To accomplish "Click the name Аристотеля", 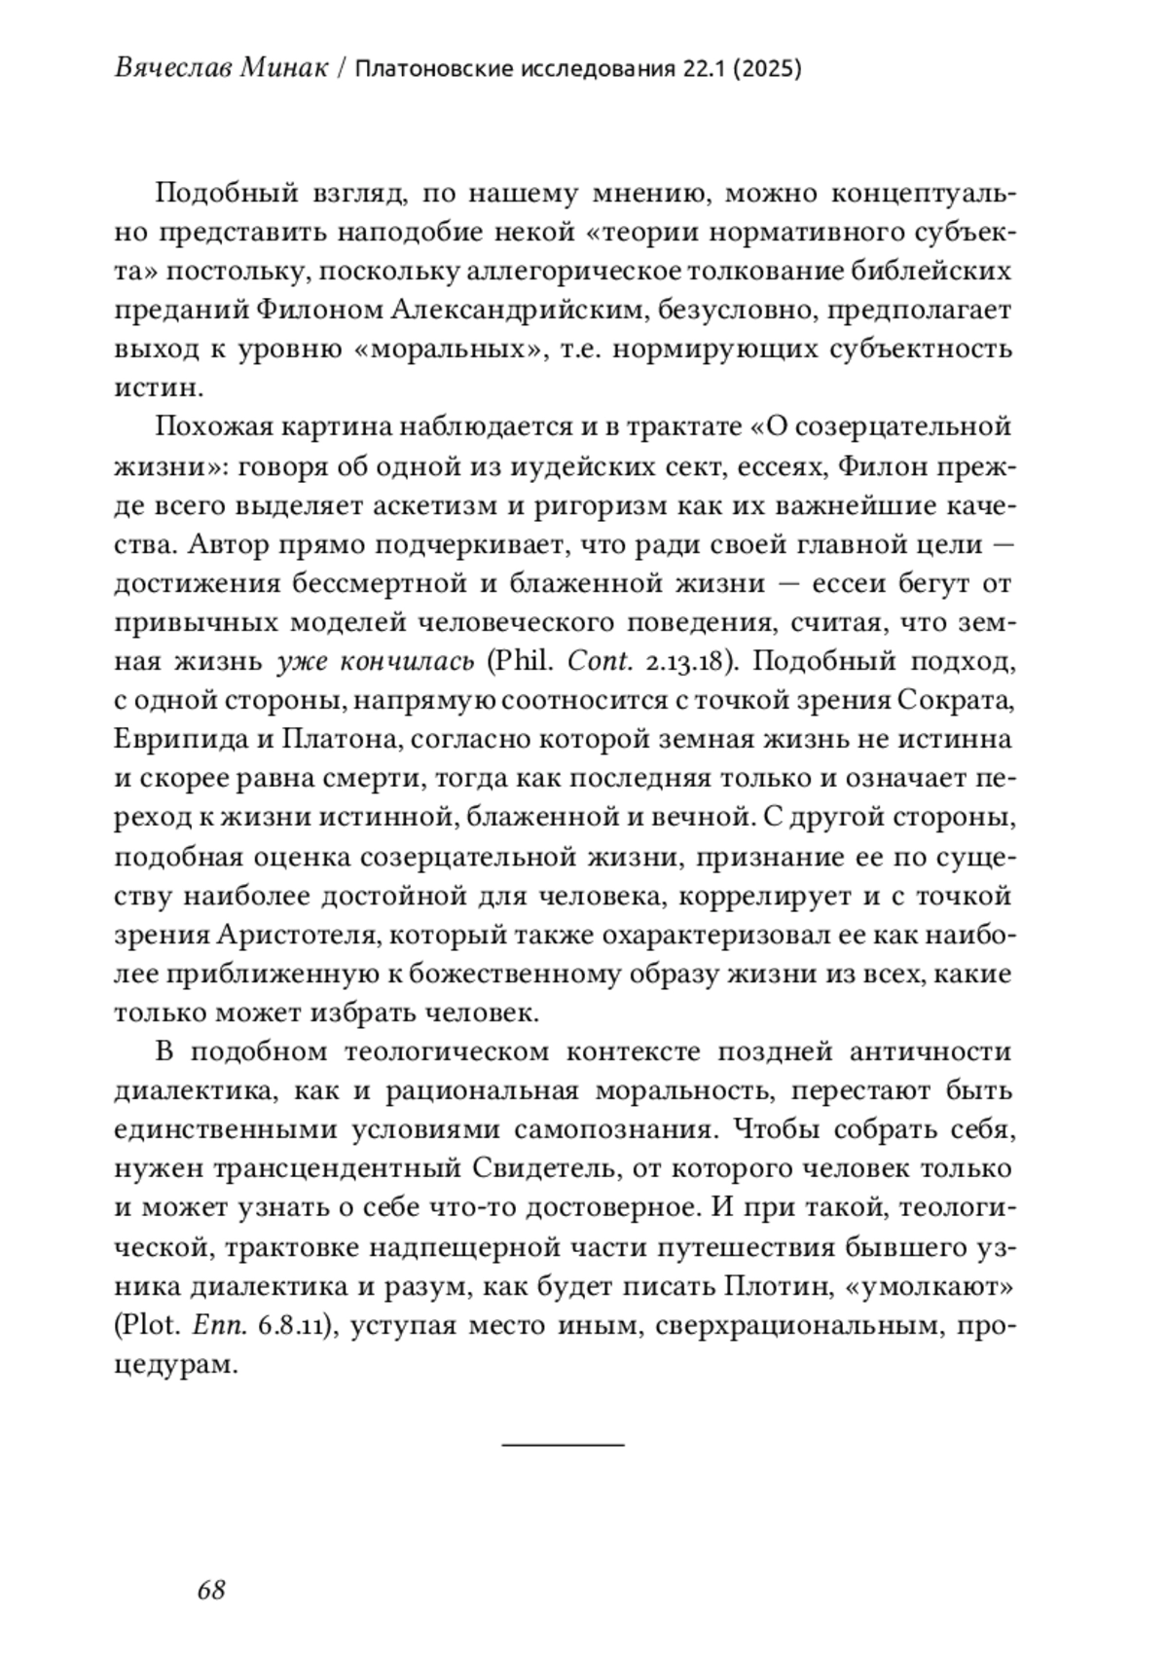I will [296, 936].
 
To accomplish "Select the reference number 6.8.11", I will [294, 1325].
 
